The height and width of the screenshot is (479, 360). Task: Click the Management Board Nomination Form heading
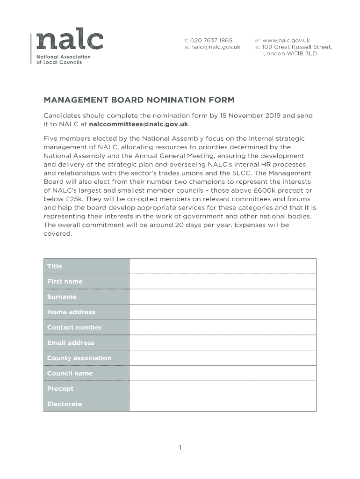pyautogui.click(x=139, y=100)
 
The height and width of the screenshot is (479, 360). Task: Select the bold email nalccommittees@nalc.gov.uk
pyautogui.click(x=138, y=124)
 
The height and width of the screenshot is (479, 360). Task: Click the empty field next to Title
pyautogui.click(x=223, y=266)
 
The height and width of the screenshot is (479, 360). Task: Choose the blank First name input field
pyautogui.click(x=223, y=282)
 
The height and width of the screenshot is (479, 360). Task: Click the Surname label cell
pyautogui.click(x=86, y=297)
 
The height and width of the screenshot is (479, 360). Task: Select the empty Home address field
pyautogui.click(x=223, y=312)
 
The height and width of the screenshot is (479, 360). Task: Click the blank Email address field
pyautogui.click(x=223, y=343)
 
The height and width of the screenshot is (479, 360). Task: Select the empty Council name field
pyautogui.click(x=223, y=373)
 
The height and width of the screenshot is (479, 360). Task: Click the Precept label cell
pyautogui.click(x=86, y=389)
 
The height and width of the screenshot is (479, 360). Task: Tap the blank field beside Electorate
pyautogui.click(x=223, y=404)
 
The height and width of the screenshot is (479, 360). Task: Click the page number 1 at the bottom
pyautogui.click(x=180, y=448)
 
